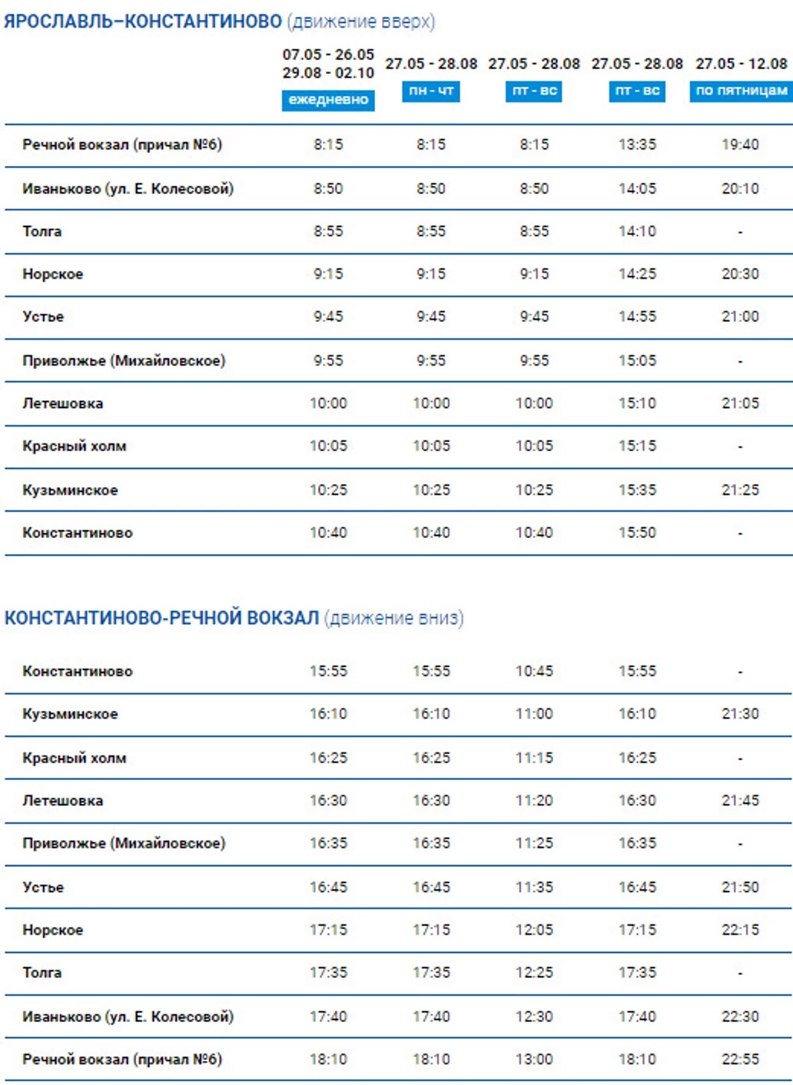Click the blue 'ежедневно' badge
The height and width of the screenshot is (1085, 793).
[328, 100]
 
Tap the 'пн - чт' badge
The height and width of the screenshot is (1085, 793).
[431, 91]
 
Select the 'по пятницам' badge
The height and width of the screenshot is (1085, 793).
[741, 91]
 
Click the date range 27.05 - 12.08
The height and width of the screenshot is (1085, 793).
[741, 64]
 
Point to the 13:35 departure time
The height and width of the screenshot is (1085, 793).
[637, 144]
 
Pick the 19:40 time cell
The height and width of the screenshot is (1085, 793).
[740, 144]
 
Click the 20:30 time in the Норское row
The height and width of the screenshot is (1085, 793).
[740, 274]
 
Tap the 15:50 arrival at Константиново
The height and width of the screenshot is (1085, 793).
[637, 533]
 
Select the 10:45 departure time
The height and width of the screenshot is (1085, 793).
[534, 671]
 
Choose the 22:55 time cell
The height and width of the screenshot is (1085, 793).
[740, 1059]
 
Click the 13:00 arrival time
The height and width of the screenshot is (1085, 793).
[534, 1059]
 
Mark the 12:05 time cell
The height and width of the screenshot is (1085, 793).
[534, 930]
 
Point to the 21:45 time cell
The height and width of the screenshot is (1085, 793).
[740, 800]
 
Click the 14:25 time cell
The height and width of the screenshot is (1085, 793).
[637, 274]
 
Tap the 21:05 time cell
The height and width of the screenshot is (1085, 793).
[740, 403]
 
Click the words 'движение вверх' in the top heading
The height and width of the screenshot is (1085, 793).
[361, 22]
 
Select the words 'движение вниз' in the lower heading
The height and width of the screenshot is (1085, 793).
[394, 618]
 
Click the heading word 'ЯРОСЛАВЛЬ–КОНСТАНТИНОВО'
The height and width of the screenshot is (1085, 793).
[143, 22]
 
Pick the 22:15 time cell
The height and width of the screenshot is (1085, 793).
[740, 930]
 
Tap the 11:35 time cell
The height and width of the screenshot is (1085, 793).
[534, 887]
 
